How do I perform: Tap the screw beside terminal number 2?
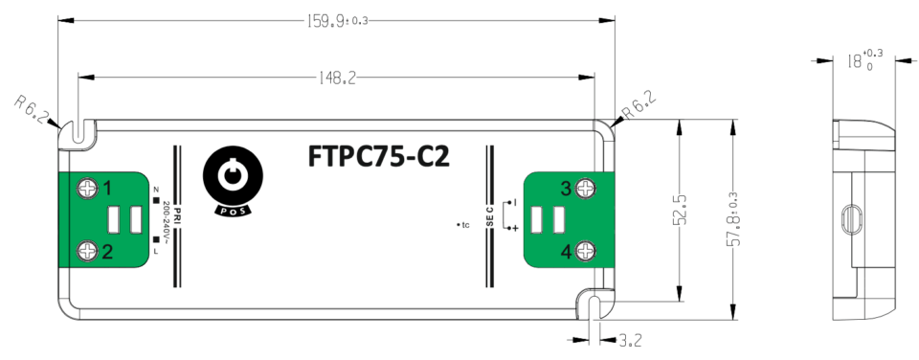tap(88, 251)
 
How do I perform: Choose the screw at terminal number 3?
tap(586, 188)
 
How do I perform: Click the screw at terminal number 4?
tap(586, 251)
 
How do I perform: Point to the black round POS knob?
tap(231, 175)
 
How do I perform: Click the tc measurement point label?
tap(463, 226)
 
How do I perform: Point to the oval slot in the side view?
tap(847, 219)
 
